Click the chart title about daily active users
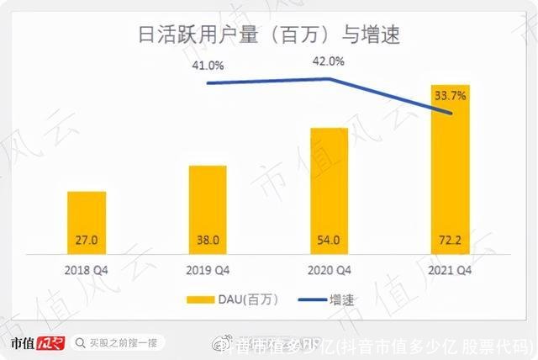click(269, 35)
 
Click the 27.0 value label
click(87, 241)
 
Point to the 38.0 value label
click(208, 241)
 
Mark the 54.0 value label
click(329, 241)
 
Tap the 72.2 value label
click(450, 241)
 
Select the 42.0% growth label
click(329, 61)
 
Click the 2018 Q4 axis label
click(87, 271)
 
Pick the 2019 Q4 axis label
click(208, 271)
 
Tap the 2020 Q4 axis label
click(329, 271)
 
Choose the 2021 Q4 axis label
click(450, 271)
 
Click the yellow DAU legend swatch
click(202, 299)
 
